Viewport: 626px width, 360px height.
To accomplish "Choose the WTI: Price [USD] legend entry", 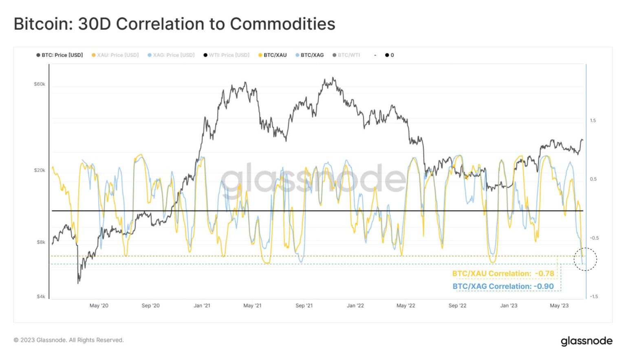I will pyautogui.click(x=227, y=55).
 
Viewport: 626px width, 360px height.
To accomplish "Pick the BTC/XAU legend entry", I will pyautogui.click(x=273, y=55).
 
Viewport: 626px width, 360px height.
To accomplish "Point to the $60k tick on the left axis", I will pyautogui.click(x=40, y=84).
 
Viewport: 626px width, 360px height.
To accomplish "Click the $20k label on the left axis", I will pyautogui.click(x=40, y=170).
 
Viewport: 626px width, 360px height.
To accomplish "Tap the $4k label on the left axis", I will pyautogui.click(x=41, y=296).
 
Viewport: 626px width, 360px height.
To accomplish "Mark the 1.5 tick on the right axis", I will pyautogui.click(x=593, y=121).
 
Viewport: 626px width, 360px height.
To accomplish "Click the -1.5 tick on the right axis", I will pyautogui.click(x=594, y=296).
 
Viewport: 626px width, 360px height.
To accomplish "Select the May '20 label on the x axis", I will pyautogui.click(x=99, y=305).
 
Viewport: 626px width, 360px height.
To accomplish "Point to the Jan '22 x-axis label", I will pyautogui.click(x=355, y=305).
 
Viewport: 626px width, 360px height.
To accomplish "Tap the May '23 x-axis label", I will pyautogui.click(x=559, y=305).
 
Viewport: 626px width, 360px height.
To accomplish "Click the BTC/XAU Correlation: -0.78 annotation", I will pyautogui.click(x=503, y=274).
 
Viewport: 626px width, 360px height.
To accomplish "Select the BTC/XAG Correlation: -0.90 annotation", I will pyautogui.click(x=503, y=286).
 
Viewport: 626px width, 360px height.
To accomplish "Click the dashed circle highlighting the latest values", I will pyautogui.click(x=585, y=259).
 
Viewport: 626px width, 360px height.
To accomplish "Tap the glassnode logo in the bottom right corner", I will pyautogui.click(x=586, y=341).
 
